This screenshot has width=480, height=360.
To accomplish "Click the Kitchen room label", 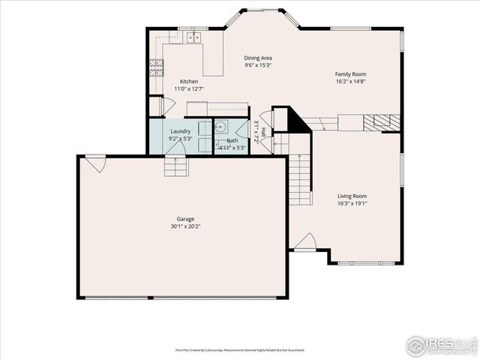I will point(188,81).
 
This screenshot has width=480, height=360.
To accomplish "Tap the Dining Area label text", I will point(257,58).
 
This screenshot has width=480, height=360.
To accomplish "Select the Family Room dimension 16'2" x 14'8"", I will point(350,82).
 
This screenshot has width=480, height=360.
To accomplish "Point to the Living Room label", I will point(351,196).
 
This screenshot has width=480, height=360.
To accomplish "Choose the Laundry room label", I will point(181,131).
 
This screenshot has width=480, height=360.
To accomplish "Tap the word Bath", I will point(232,141).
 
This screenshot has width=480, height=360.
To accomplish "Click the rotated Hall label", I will point(263,132).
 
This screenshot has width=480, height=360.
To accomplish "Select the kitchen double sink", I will point(195,36).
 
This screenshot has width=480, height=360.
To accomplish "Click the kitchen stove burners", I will point(157,68).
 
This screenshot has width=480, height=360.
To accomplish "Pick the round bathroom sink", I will point(222,127).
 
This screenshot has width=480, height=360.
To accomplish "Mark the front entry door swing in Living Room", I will point(304,242).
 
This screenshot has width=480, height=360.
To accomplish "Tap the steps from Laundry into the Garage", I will point(176,166).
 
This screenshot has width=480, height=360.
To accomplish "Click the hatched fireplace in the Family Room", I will point(382,122).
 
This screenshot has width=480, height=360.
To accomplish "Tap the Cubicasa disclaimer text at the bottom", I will point(240,349).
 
